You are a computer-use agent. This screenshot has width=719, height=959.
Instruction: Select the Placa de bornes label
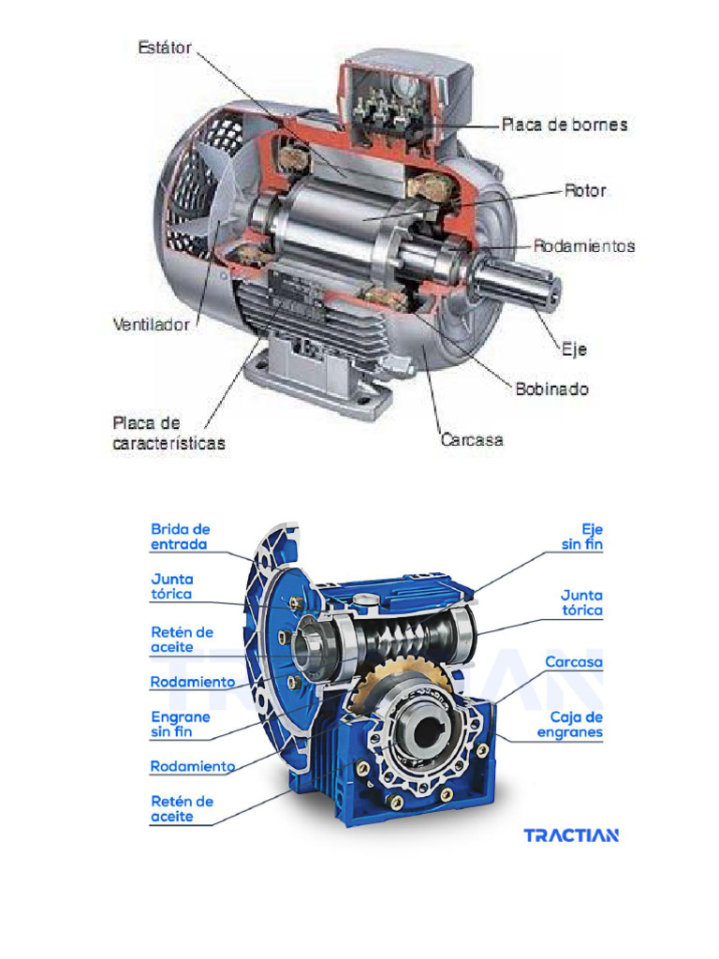(x=564, y=125)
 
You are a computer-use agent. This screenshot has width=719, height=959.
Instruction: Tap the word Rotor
(x=585, y=191)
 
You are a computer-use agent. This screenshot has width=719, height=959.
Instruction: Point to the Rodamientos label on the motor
(x=584, y=247)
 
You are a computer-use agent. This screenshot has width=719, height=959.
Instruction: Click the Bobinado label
(x=552, y=388)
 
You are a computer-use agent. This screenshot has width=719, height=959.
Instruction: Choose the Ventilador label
(x=151, y=326)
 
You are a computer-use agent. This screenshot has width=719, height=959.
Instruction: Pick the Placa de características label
(x=169, y=433)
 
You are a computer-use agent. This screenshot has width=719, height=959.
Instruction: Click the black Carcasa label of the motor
(x=472, y=438)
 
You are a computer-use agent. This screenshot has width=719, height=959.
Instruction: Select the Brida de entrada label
(x=180, y=537)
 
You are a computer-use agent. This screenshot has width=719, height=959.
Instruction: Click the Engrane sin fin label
(x=181, y=724)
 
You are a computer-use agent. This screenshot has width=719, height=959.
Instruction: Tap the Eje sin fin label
(x=581, y=537)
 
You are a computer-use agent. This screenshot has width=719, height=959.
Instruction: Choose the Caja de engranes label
(x=570, y=725)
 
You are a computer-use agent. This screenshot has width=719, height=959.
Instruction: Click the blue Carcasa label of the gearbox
(x=574, y=662)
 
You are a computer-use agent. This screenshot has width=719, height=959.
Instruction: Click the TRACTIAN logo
(x=570, y=834)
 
